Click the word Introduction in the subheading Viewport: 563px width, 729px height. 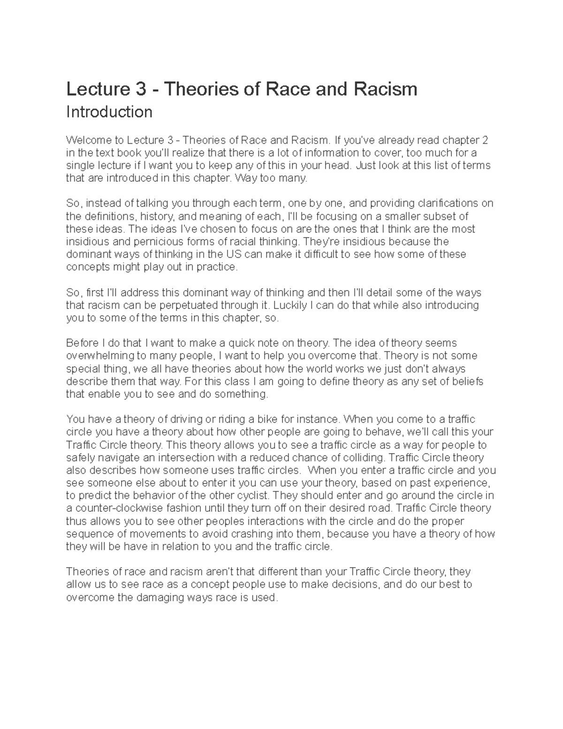click(x=109, y=112)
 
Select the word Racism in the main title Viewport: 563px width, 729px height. click(x=388, y=89)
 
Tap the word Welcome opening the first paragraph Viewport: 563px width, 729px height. click(x=87, y=140)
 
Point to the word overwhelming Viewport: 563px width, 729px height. click(x=96, y=356)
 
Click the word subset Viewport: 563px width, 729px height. click(x=443, y=216)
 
